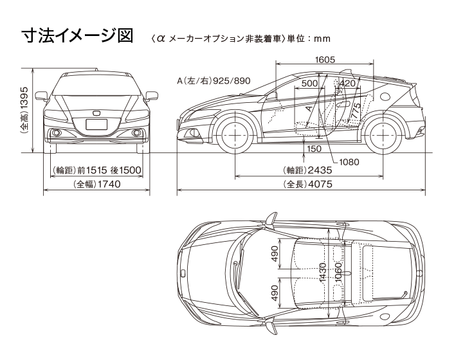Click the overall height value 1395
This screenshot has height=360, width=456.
coord(24,109)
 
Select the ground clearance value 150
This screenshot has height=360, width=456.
coord(315,148)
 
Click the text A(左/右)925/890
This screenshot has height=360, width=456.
coord(214,82)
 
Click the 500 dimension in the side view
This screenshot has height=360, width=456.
coord(309,84)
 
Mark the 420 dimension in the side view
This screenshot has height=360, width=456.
coord(347,84)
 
